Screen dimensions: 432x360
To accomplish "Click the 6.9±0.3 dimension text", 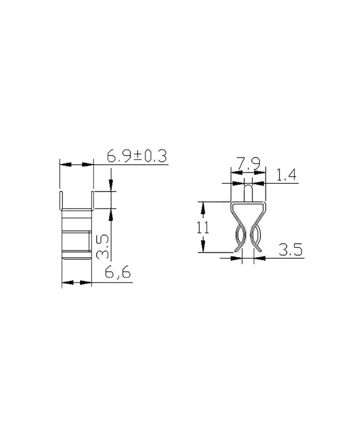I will pyautogui.click(x=137, y=157).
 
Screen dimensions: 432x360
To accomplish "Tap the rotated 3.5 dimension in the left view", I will pyautogui.click(x=103, y=247).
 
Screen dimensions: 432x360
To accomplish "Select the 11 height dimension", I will pyautogui.click(x=203, y=228).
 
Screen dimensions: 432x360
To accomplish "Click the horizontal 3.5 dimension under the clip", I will pyautogui.click(x=290, y=250).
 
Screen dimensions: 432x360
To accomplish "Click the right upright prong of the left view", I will pyautogui.click(x=93, y=200).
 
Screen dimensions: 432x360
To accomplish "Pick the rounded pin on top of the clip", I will pyautogui.click(x=248, y=193).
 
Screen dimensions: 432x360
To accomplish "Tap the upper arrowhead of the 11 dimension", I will pyautogui.click(x=203, y=208).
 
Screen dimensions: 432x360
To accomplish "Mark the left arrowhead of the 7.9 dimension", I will pyautogui.click(x=236, y=183).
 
